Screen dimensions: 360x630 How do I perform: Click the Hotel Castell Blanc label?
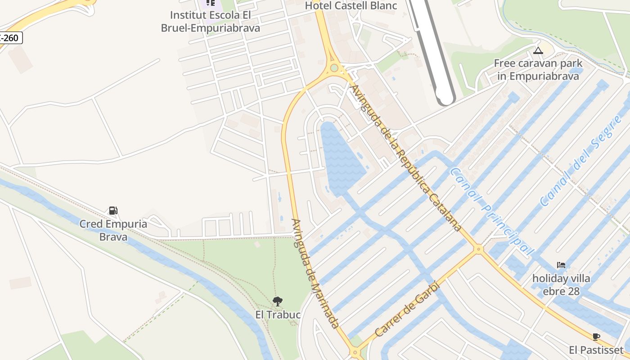351,6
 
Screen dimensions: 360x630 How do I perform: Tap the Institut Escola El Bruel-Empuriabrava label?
211,22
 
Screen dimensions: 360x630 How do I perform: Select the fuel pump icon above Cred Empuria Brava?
113,210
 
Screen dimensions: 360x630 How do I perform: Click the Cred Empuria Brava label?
113,230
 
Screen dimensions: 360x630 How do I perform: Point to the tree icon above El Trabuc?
278,301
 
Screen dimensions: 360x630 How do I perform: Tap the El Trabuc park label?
278,315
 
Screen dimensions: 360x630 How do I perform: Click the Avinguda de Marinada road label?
315,273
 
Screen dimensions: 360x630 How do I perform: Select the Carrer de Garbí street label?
406,309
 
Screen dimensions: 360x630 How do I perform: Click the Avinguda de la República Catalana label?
405,157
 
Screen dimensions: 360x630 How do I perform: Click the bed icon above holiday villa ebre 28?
561,265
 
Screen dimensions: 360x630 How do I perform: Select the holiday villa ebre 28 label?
561,285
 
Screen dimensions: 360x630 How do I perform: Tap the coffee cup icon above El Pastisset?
596,337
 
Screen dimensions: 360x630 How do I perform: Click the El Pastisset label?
596,350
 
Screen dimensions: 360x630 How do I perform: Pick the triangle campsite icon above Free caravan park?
538,50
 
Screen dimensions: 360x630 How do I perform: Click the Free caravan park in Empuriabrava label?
538,70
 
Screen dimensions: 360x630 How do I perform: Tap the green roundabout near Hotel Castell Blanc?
334,68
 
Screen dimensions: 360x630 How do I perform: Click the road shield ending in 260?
10,38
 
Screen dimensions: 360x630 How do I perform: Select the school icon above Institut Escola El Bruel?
210,3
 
